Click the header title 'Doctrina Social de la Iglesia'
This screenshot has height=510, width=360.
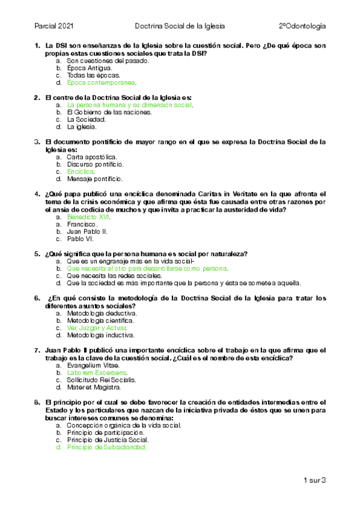click(179, 26)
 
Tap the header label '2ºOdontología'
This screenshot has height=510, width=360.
click(302, 26)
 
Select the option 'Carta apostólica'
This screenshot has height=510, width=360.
click(88, 156)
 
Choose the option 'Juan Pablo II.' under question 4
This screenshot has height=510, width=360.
click(88, 231)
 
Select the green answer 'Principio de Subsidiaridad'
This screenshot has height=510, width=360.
click(107, 447)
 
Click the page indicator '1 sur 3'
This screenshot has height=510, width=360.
click(314, 480)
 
